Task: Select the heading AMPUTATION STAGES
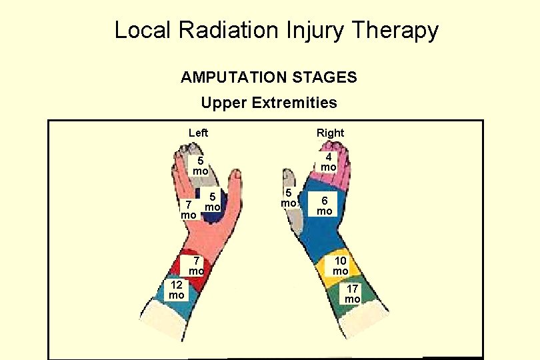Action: (x=269, y=78)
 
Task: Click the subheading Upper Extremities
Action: (x=269, y=103)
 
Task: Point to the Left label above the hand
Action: (x=198, y=133)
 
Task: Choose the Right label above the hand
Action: (x=330, y=133)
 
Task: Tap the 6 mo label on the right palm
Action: (x=324, y=205)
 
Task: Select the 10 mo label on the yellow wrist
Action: (x=341, y=266)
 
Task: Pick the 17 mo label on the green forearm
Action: (x=352, y=294)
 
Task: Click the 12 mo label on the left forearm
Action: (x=176, y=290)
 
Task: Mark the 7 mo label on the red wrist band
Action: (x=195, y=265)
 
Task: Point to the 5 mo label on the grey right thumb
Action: (x=288, y=198)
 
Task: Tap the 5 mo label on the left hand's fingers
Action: (x=199, y=166)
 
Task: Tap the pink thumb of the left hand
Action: (x=233, y=183)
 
